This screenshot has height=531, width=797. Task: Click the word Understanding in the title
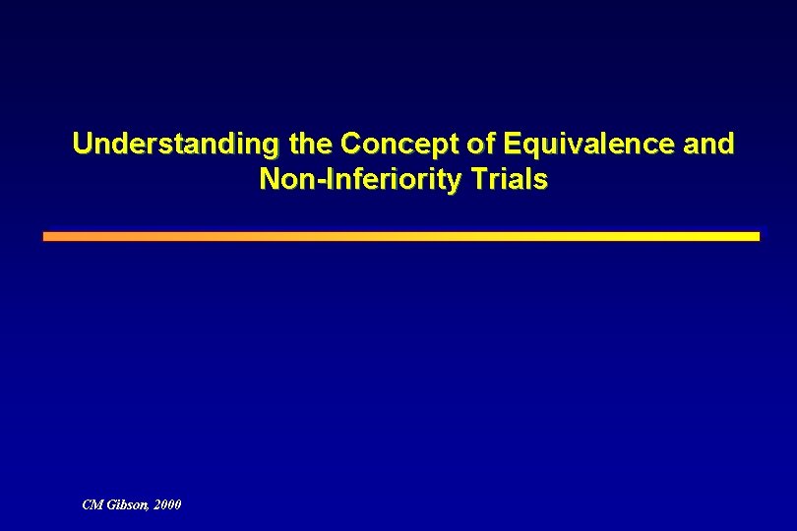pos(174,145)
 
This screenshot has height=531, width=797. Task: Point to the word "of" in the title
pos(479,145)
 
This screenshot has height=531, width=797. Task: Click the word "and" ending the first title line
pos(707,145)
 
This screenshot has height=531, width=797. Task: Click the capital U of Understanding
pos(82,145)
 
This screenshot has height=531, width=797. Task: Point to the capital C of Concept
pos(349,145)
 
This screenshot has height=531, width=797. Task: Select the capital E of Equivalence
pos(509,145)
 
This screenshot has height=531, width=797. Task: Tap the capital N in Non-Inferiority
pos(268,180)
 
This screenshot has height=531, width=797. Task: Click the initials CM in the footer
pos(92,504)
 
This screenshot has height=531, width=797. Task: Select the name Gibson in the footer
pos(127,504)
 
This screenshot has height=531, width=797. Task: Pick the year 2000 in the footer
pos(167,504)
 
